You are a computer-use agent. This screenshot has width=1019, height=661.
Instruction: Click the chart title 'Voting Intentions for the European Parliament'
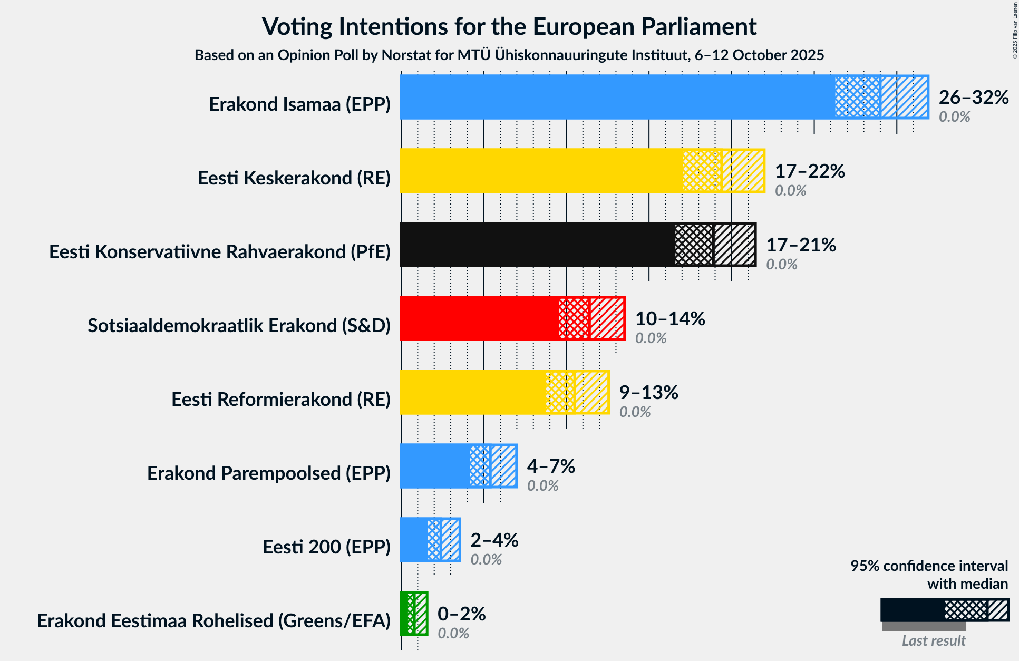coord(509,26)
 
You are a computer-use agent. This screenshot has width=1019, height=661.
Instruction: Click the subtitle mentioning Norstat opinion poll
coord(509,55)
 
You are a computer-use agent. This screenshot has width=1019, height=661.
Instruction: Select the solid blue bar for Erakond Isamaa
coord(617,97)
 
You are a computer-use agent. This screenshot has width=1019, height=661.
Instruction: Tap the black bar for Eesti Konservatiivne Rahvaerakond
coord(537,245)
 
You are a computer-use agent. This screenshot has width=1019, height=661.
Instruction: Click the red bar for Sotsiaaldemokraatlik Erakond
coord(479,318)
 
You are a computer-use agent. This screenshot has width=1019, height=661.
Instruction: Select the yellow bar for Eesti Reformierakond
coord(472,392)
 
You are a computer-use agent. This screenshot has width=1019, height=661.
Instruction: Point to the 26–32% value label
coord(973,97)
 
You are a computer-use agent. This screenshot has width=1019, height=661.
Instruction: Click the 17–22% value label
coord(810,171)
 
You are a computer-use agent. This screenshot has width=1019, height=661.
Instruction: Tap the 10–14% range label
coord(669,318)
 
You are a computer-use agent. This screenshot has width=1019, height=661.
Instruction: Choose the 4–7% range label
coord(550,466)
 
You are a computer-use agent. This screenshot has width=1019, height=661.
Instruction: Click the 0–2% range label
coord(461,614)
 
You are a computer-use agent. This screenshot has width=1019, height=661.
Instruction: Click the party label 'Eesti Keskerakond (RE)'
coord(294,178)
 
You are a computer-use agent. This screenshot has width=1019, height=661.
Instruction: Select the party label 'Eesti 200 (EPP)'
coord(326,547)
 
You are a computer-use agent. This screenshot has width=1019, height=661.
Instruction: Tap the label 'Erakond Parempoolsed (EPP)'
coord(268,473)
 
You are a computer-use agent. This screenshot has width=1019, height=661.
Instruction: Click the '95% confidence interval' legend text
coord(929,566)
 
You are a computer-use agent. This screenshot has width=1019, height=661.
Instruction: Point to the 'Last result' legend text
coord(933,640)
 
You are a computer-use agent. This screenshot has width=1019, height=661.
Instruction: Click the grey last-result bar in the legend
coord(924,627)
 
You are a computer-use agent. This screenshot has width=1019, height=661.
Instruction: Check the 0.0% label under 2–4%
coord(486,559)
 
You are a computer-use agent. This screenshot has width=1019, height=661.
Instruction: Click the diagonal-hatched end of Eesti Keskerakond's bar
coord(743,171)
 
